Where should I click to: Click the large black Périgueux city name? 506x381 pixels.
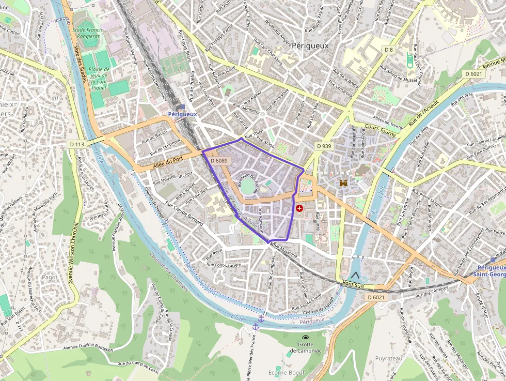pos(310,45)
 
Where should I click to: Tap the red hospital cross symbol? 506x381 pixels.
pos(299,208)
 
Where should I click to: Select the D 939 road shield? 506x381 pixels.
pos(323,146)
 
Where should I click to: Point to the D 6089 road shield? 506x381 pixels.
pos(219,161)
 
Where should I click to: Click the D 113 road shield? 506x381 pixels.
pos(77,144)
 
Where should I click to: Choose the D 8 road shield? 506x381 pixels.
pos(389,49)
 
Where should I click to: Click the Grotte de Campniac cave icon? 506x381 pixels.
pos(305,338)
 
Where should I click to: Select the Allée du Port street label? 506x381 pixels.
pos(168,162)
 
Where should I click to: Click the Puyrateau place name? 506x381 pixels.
pos(388,358)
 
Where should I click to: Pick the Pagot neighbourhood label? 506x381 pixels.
pos(50,278)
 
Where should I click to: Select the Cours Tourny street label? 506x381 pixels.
pos(380,130)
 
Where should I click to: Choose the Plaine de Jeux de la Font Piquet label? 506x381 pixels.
pos(98,78)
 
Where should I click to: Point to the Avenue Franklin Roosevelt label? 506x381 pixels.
pos(88,348)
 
